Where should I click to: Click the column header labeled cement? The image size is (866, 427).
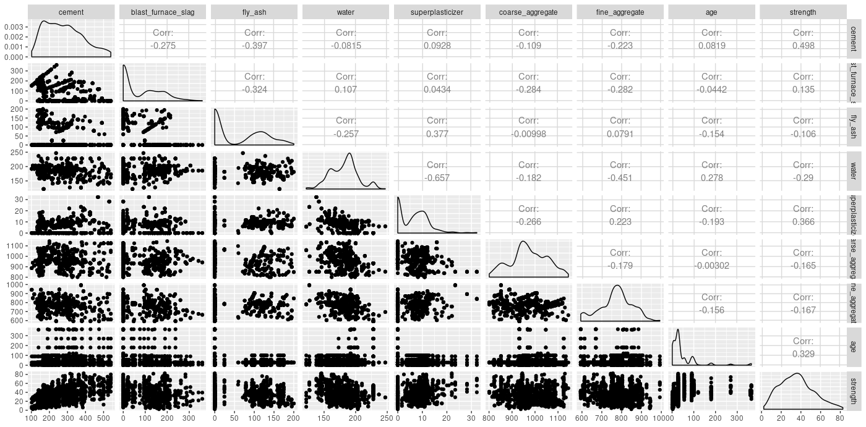tap(71, 12)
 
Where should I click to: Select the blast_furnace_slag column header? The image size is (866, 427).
tap(162, 12)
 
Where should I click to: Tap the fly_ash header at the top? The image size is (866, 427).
tap(254, 12)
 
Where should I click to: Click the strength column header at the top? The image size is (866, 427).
tap(803, 12)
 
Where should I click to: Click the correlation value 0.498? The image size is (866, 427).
tap(803, 46)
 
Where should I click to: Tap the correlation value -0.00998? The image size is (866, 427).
tap(528, 133)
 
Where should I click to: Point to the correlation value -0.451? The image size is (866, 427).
tap(620, 177)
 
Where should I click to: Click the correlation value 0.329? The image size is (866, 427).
tap(803, 353)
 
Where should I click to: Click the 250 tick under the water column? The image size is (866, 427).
tap(385, 418)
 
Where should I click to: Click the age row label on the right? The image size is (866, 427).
tap(854, 346)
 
